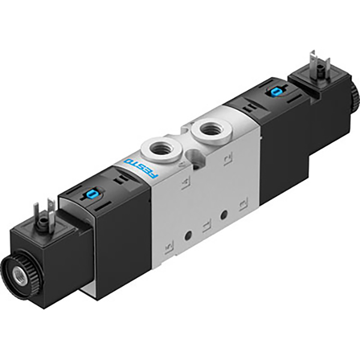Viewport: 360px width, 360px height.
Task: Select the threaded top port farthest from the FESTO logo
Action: [208, 128]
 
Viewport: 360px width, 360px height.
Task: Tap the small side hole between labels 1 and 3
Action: [224, 214]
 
